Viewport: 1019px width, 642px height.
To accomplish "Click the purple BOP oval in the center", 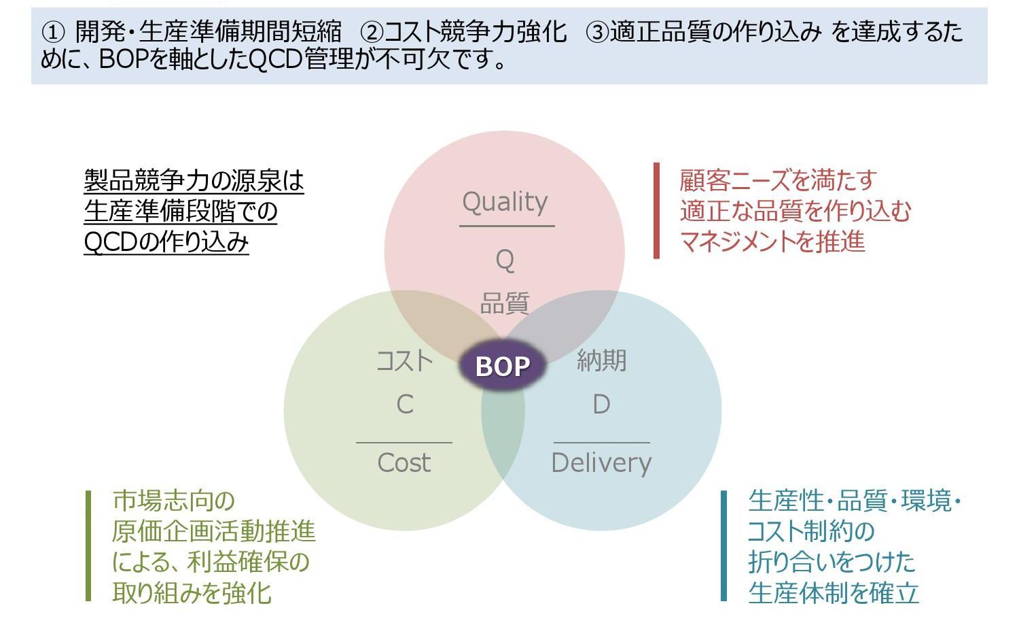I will (503, 366).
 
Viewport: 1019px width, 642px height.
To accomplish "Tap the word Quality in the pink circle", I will (505, 202).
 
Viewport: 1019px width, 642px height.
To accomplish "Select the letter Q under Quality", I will (505, 260).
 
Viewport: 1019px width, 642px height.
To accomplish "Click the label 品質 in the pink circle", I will (505, 303).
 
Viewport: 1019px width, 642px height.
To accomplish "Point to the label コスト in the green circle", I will (405, 360).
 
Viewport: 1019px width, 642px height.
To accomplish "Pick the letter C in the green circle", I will (405, 405).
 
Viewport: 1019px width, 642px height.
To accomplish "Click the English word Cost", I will (404, 463).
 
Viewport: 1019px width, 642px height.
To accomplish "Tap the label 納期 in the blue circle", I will (601, 360).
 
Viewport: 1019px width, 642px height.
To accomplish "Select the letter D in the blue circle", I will (601, 405).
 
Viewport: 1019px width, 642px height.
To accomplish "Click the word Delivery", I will (601, 463).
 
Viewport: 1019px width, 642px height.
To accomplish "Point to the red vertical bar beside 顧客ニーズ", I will (656, 211).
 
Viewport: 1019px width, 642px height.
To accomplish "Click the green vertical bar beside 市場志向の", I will (88, 546).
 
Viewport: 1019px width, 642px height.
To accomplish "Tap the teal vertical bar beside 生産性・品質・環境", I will (724, 546).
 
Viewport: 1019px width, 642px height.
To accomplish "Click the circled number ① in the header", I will (52, 32).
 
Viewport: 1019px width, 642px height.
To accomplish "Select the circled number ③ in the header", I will (597, 32).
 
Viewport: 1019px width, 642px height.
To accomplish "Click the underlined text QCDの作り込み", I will (166, 243).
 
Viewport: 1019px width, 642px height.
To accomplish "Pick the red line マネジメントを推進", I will (772, 241).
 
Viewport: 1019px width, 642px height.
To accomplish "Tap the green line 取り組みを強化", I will (192, 593).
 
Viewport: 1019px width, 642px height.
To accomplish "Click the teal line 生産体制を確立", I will (834, 593).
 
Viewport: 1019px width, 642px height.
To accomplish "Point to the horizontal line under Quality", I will (507, 226).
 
